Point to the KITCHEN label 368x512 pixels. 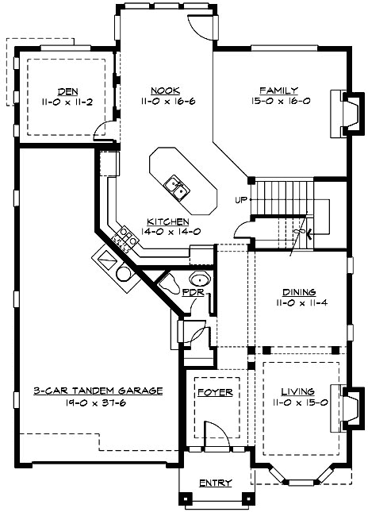167,221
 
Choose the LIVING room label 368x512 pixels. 297,392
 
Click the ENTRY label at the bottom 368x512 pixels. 215,483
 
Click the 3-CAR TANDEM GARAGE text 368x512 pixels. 99,391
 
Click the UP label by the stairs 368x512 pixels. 241,198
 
